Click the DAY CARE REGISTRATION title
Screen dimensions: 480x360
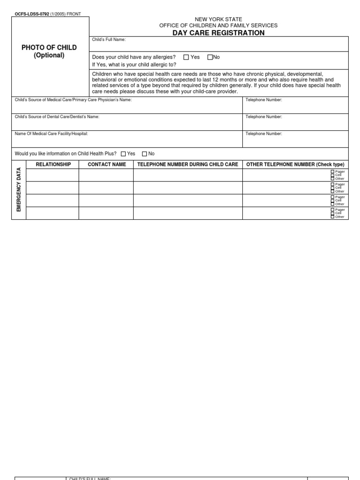[x=218, y=33]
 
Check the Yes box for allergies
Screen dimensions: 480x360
[x=186, y=57]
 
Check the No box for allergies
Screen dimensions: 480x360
[x=210, y=57]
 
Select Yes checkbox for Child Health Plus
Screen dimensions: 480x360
[x=123, y=154]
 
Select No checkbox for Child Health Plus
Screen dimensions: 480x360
[x=144, y=154]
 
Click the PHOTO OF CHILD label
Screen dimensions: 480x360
[x=49, y=48]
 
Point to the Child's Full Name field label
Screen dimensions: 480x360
[x=109, y=40]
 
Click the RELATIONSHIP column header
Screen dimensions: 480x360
[x=53, y=165]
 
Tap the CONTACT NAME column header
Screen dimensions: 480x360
[x=107, y=165]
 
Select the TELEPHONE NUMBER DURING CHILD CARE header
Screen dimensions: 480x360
[x=187, y=165]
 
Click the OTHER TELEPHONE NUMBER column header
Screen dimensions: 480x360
[x=295, y=165]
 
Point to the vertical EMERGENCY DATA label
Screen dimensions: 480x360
[x=19, y=189]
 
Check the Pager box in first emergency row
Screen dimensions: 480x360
[x=332, y=172]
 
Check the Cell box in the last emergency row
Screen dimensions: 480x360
[x=332, y=213]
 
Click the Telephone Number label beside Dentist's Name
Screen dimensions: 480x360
[x=264, y=117]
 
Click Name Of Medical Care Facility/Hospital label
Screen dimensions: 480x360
[x=52, y=134]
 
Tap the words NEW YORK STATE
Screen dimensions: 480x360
[x=218, y=19]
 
